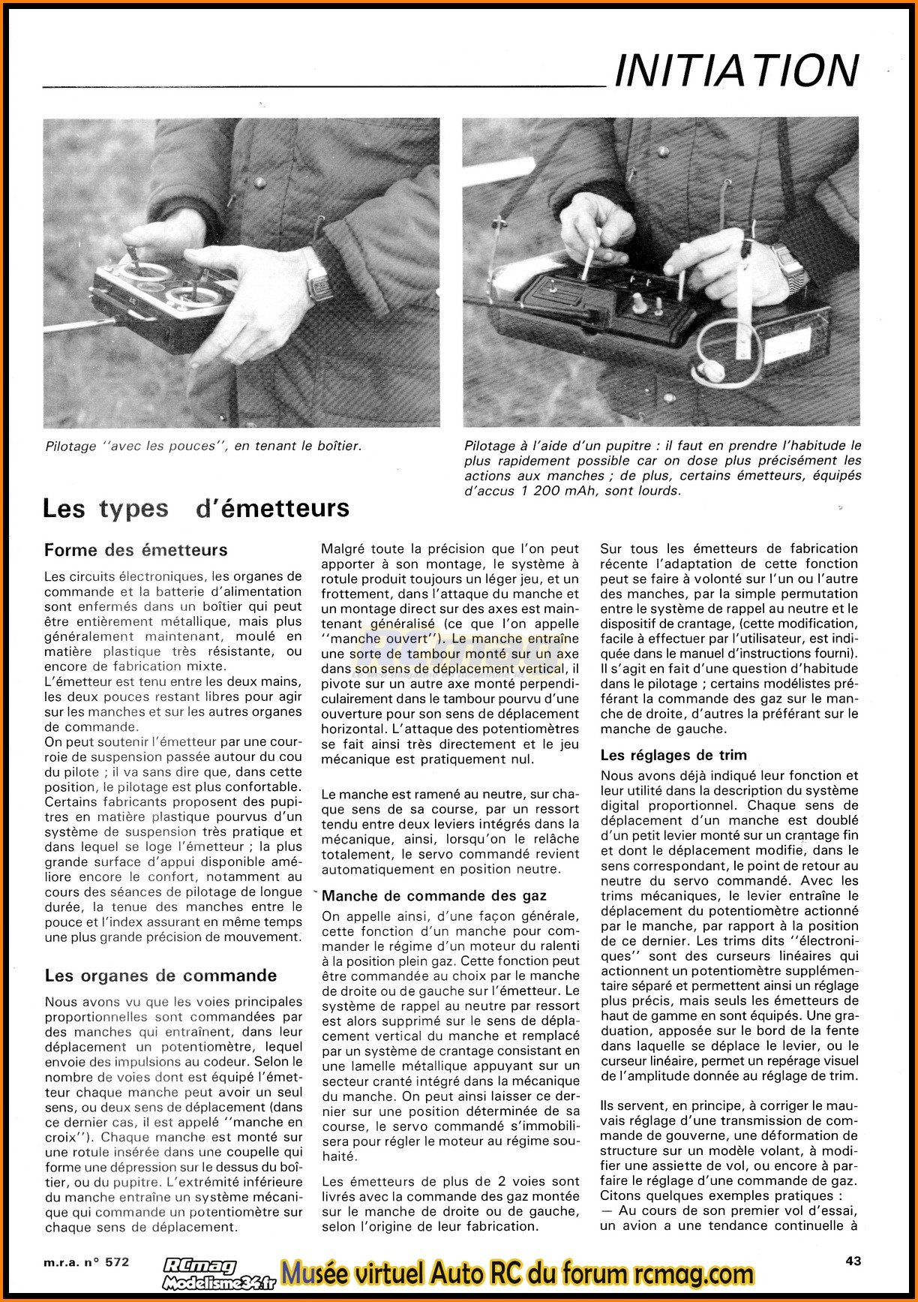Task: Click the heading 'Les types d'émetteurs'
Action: (x=196, y=509)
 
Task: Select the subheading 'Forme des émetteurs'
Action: (x=136, y=550)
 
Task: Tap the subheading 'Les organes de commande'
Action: (x=160, y=976)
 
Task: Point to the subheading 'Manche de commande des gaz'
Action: (x=434, y=895)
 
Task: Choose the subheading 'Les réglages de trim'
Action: (x=673, y=755)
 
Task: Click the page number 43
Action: (x=853, y=1261)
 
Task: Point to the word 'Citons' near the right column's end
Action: (x=622, y=1195)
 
